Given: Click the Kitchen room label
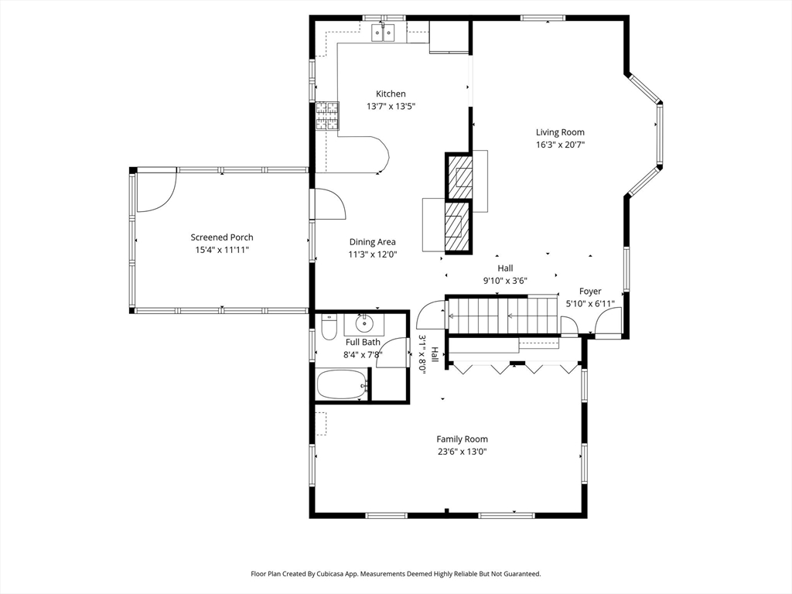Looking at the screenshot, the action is click(391, 94).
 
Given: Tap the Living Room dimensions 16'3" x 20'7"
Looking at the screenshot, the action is click(560, 145).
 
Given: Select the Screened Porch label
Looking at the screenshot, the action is click(222, 237).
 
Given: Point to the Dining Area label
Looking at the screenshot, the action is click(372, 242).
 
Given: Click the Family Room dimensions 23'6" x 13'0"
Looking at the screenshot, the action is click(463, 452).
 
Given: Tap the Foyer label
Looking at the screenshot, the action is click(590, 292).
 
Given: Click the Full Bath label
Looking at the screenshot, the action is click(363, 343).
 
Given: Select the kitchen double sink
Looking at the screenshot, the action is click(384, 32).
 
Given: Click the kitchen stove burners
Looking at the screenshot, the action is click(328, 116).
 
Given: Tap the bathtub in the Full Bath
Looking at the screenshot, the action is click(342, 385).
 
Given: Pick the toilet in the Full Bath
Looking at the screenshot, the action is click(329, 327).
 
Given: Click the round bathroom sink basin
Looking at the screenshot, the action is click(364, 323).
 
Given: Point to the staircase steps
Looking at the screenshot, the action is click(503, 316).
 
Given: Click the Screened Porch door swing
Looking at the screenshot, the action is click(156, 192).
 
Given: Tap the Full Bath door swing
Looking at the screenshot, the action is click(392, 353).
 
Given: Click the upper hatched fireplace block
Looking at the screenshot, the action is click(459, 176).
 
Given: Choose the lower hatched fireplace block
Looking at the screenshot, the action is click(458, 227).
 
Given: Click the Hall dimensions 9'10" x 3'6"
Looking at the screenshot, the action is click(505, 282).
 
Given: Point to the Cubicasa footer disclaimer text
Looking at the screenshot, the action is click(396, 574).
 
